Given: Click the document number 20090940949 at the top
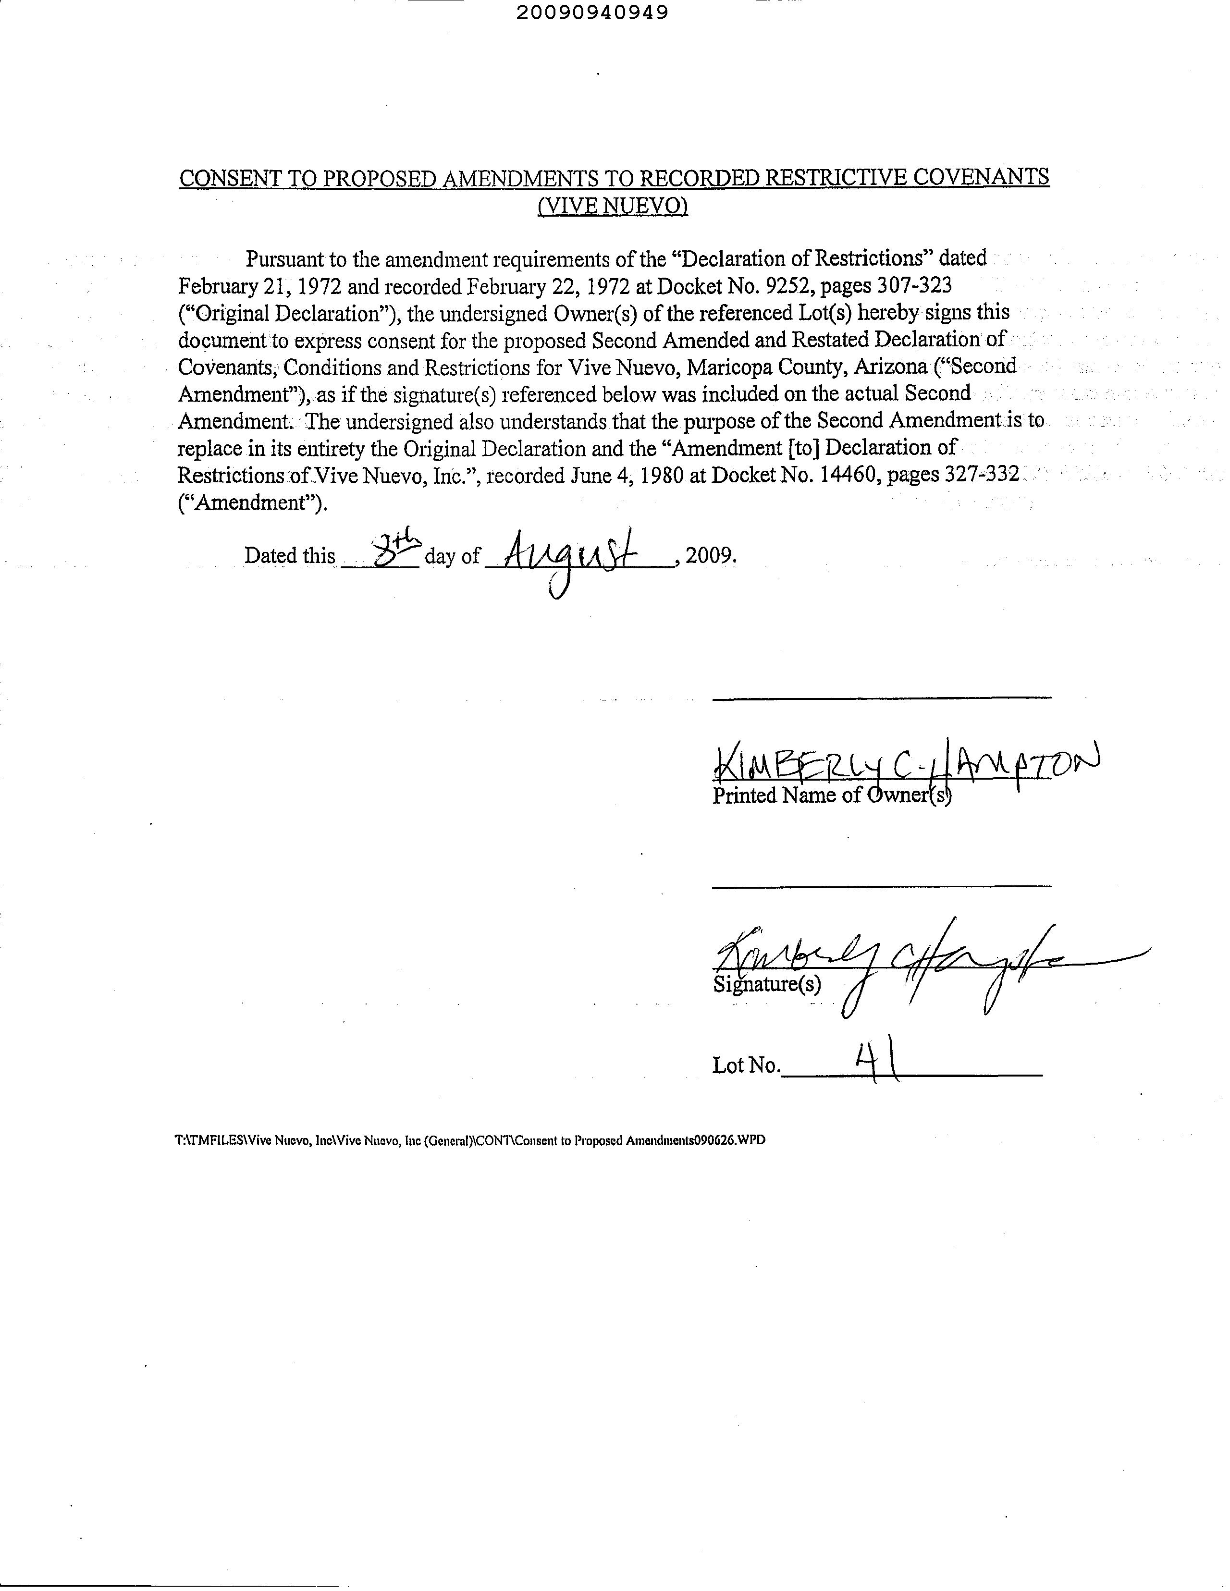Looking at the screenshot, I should (591, 12).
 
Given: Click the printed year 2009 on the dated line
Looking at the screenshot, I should (711, 555).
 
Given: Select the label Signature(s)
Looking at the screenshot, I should (766, 985).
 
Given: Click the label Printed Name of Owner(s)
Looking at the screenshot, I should (831, 795).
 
